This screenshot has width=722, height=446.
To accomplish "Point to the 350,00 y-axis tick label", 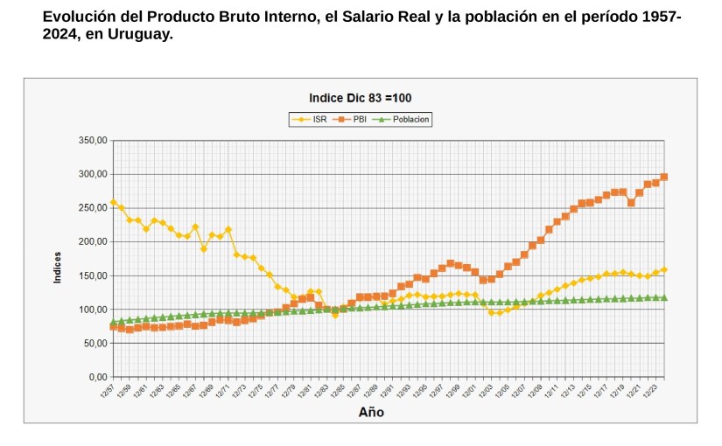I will pos(92,140).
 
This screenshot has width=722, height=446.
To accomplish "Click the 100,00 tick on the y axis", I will pos(92,310).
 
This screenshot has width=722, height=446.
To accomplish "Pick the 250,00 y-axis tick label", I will pos(92,208).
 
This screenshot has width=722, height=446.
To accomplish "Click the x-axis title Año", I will pos(371,412).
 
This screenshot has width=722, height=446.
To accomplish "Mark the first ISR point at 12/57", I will pos(114,203).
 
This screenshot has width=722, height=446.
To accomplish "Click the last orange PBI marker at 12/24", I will pos(664,177).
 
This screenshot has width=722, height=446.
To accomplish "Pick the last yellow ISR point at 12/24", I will pos(664,269).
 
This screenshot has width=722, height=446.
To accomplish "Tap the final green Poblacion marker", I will pos(664,297).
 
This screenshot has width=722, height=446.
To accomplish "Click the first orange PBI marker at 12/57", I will pos(114,327).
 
